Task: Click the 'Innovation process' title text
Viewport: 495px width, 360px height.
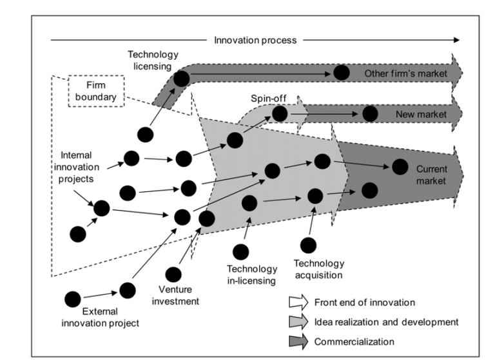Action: [256, 40]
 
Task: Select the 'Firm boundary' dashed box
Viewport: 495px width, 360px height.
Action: [96, 91]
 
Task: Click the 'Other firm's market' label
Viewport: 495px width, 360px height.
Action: [405, 73]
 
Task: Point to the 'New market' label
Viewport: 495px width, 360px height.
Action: [421, 115]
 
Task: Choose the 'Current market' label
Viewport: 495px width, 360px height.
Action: [431, 175]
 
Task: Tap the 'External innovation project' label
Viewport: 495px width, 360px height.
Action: [100, 317]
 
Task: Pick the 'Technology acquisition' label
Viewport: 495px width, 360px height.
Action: [319, 269]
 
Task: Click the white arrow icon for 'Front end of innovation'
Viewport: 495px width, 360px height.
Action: [298, 302]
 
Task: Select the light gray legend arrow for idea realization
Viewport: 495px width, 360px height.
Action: [298, 321]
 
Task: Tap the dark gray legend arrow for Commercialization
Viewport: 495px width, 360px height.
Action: [298, 341]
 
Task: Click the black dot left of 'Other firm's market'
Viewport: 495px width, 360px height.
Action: [342, 73]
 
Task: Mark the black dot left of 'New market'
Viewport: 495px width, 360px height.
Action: [369, 114]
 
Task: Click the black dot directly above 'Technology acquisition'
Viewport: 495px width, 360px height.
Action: [308, 245]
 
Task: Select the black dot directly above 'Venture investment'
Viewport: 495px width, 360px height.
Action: [173, 274]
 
